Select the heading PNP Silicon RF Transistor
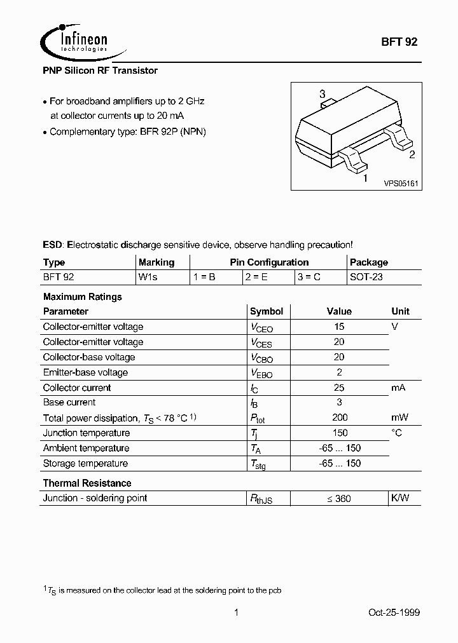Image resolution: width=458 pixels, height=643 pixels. [100, 71]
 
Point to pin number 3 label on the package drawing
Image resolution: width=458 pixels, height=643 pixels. [323, 95]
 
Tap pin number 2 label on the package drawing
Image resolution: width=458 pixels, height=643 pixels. [412, 154]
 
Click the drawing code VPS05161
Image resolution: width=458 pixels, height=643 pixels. [400, 183]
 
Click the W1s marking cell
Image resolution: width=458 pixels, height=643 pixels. [148, 278]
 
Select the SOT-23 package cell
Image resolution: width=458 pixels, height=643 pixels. [366, 278]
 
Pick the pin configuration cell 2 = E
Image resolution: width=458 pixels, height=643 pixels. [257, 278]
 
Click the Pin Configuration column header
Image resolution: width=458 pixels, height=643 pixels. [269, 262]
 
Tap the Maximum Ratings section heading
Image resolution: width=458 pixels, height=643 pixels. [82, 297]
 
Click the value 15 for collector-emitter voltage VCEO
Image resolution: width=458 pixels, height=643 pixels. [339, 327]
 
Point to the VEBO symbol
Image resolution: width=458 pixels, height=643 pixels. [261, 374]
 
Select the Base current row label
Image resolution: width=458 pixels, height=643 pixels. [69, 402]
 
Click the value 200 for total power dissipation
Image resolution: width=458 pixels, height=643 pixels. [340, 417]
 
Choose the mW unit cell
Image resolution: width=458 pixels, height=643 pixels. [399, 417]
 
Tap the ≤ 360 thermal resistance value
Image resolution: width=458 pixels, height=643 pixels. [339, 499]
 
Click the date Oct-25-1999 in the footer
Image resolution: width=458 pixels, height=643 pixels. [394, 613]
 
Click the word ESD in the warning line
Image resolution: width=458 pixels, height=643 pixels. [53, 245]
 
